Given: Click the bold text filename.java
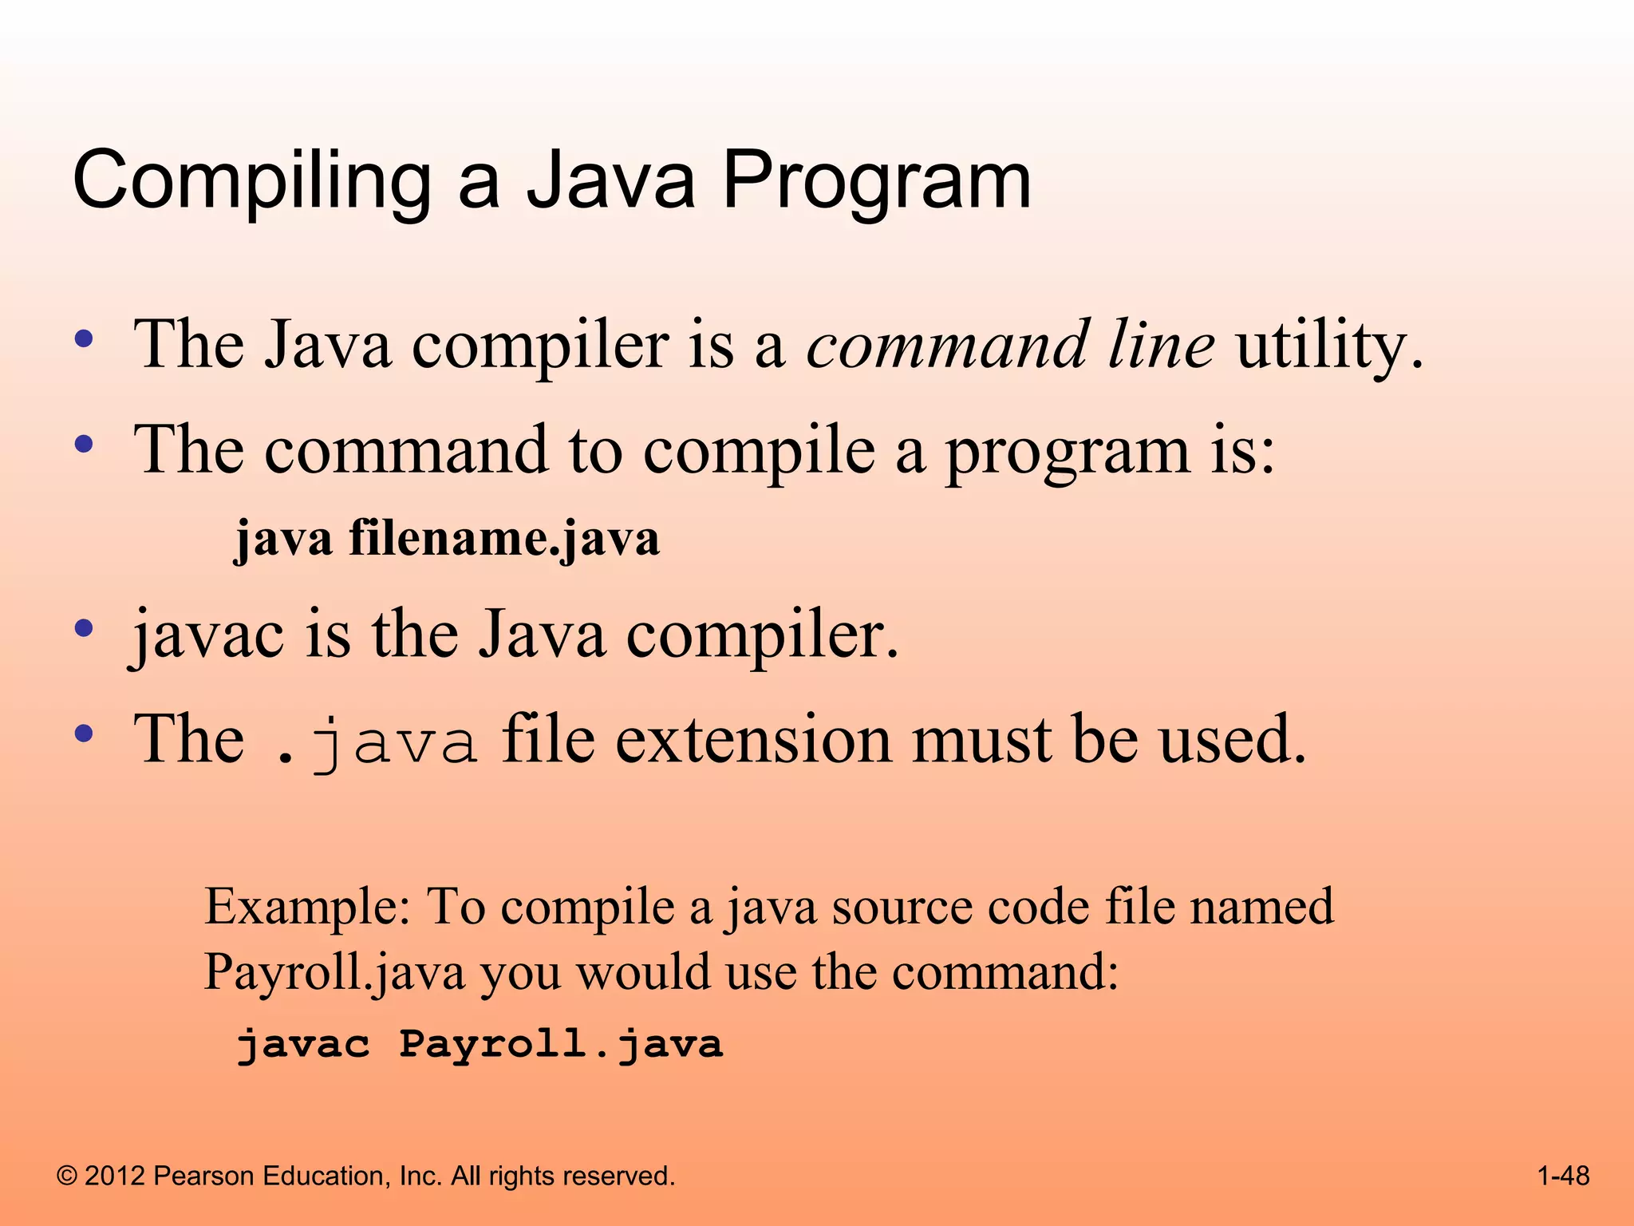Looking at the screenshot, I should [x=504, y=538].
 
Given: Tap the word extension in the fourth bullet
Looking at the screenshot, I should [x=753, y=739].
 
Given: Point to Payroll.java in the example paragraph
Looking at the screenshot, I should [x=334, y=972].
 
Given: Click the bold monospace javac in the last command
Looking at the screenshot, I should [x=303, y=1044].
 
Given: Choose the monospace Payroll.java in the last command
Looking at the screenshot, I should [x=561, y=1044].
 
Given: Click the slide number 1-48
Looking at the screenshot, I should [x=1563, y=1176].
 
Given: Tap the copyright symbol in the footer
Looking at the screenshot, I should [x=68, y=1177].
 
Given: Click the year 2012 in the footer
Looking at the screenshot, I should [x=115, y=1177].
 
